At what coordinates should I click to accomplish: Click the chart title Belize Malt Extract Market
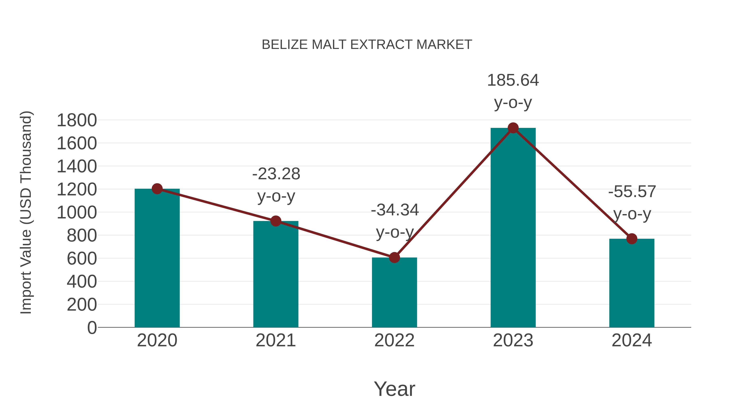[x=367, y=45]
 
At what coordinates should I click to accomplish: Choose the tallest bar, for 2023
[x=513, y=228]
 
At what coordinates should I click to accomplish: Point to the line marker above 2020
[x=157, y=189]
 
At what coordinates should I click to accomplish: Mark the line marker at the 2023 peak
[x=513, y=128]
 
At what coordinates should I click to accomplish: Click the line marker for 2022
[x=394, y=257]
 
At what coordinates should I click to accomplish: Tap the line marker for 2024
[x=632, y=239]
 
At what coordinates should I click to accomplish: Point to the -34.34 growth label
[x=395, y=221]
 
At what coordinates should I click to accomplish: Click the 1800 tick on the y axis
[x=77, y=120]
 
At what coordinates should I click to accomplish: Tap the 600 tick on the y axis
[x=82, y=259]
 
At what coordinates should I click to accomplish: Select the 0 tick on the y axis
[x=92, y=328]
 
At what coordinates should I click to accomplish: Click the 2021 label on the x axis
[x=275, y=340]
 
